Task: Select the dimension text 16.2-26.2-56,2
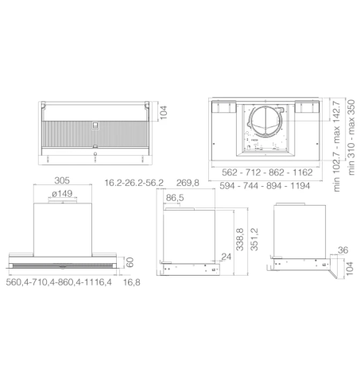point(134,182)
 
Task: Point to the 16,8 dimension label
point(130,281)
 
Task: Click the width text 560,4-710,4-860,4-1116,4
point(59,281)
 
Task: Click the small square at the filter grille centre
point(95,125)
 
